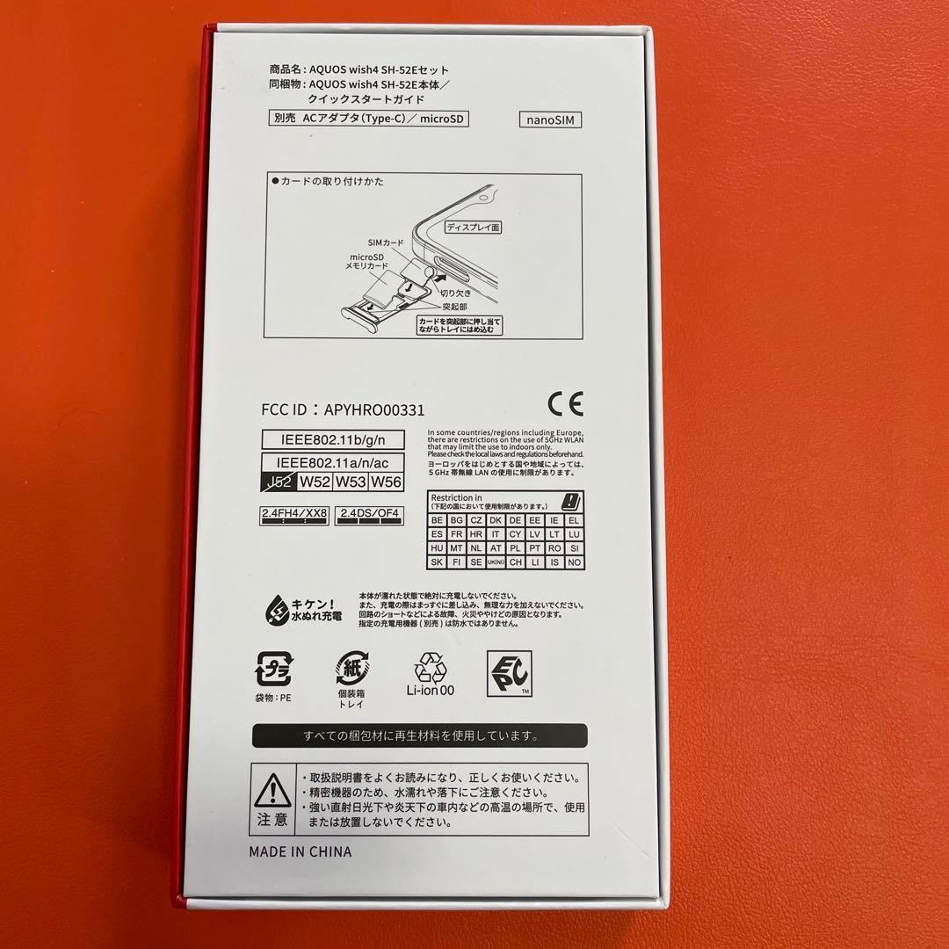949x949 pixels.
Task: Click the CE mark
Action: click(564, 403)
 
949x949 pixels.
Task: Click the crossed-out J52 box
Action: click(278, 481)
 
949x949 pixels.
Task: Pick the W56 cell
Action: click(387, 481)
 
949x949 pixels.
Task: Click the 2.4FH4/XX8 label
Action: click(294, 513)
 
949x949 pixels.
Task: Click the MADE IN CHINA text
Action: click(300, 851)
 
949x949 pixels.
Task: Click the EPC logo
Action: click(509, 674)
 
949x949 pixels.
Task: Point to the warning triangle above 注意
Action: click(272, 790)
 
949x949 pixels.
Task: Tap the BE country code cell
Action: click(438, 520)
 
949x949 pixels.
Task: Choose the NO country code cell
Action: click(575, 562)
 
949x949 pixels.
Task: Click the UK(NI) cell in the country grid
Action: click(496, 562)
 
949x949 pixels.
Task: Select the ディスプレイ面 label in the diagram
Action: click(473, 226)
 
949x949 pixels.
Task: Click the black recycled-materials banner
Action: click(420, 735)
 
